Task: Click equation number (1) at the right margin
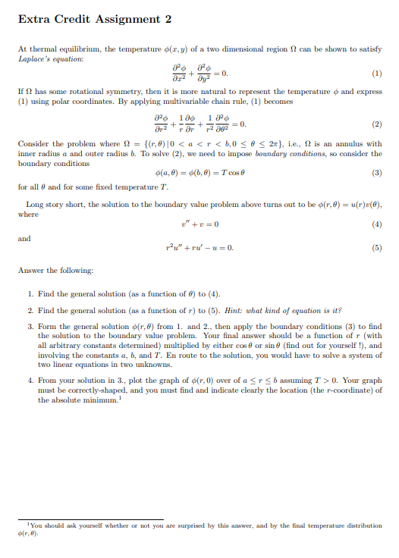click(378, 75)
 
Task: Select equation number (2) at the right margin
click(378, 124)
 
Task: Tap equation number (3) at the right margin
click(378, 172)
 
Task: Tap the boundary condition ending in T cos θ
click(199, 172)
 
